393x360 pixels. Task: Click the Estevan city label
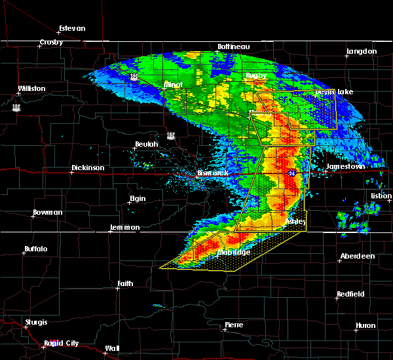coord(72,28)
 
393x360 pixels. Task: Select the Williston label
coord(31,88)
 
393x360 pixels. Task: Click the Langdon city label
coord(362,51)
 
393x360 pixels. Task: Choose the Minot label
coord(173,85)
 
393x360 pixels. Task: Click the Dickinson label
coord(88,168)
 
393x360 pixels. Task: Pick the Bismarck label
coord(213,173)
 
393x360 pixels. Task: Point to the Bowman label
coord(48,213)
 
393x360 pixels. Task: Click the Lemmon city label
coord(124,227)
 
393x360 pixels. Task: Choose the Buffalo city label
coord(37,249)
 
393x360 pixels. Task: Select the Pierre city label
coord(234,325)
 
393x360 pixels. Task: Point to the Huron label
coord(365,325)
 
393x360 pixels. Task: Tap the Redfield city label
coord(350,295)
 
